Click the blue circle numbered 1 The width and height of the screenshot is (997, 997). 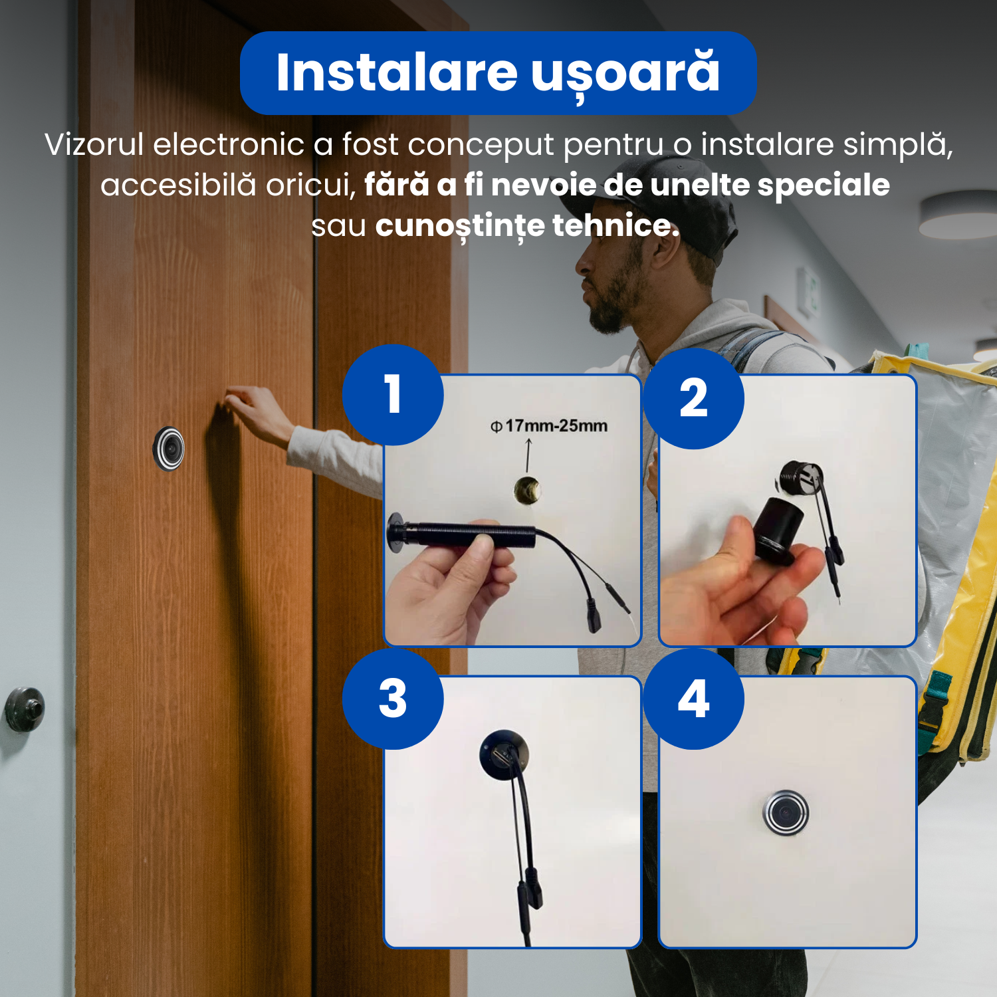pyautogui.click(x=393, y=395)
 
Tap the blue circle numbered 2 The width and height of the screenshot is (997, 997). pyautogui.click(x=693, y=398)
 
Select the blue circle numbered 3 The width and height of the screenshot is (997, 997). pyautogui.click(x=393, y=699)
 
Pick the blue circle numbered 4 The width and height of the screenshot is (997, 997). pyautogui.click(x=693, y=699)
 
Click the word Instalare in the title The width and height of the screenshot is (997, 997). pyautogui.click(x=397, y=72)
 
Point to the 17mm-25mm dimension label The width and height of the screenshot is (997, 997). pyautogui.click(x=549, y=425)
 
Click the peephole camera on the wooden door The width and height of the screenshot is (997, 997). pyautogui.click(x=169, y=449)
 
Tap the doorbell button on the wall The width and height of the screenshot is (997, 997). pyautogui.click(x=25, y=709)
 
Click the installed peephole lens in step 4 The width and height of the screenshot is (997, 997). pyautogui.click(x=786, y=812)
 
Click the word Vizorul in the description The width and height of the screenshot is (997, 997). pyautogui.click(x=94, y=144)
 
